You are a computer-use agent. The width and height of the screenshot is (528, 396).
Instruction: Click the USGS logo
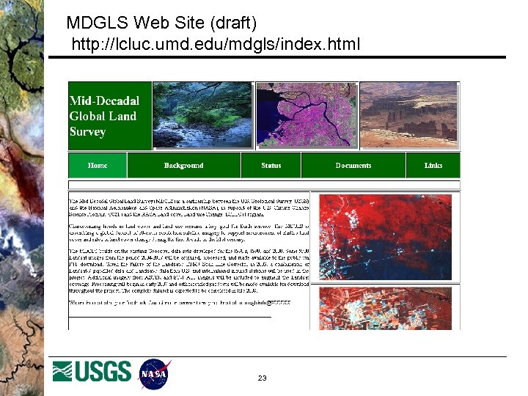pyautogui.click(x=92, y=372)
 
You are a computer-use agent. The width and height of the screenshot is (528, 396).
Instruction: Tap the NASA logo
pyautogui.click(x=155, y=373)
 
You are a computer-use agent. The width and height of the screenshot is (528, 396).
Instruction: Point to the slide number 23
pyautogui.click(x=262, y=378)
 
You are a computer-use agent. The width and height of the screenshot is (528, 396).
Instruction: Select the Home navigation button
pyautogui.click(x=98, y=165)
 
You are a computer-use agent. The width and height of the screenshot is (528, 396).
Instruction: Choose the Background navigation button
pyautogui.click(x=183, y=165)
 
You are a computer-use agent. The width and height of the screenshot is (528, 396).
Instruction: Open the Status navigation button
pyautogui.click(x=271, y=165)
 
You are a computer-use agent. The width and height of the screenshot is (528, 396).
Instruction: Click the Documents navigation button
pyautogui.click(x=353, y=165)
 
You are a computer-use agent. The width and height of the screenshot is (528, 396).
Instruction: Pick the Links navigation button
pyautogui.click(x=433, y=165)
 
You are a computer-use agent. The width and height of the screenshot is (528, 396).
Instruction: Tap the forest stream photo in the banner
pyautogui.click(x=203, y=116)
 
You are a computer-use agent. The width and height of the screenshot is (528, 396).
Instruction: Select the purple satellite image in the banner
pyautogui.click(x=307, y=116)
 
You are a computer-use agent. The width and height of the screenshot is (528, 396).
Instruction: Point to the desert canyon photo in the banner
pyautogui.click(x=409, y=116)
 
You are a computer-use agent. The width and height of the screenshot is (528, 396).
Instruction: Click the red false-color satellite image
pyautogui.click(x=389, y=260)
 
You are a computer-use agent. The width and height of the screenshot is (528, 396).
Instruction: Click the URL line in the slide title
pyautogui.click(x=215, y=45)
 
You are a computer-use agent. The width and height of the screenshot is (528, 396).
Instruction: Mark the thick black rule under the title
pyautogui.click(x=286, y=57)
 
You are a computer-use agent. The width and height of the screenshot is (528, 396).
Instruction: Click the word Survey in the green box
pyautogui.click(x=87, y=132)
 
